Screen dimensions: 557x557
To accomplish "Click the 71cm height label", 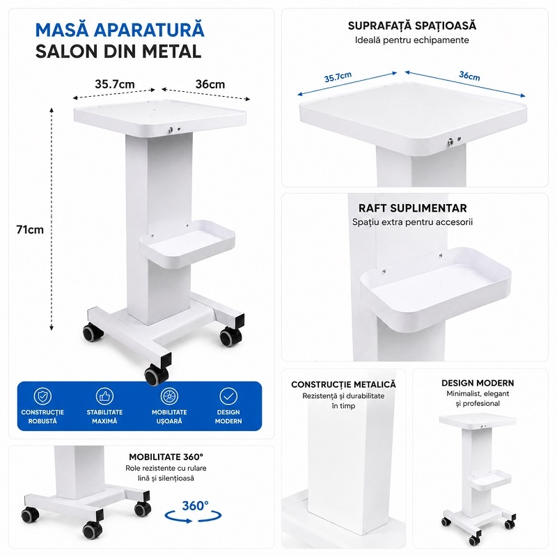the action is pyautogui.click(x=30, y=230).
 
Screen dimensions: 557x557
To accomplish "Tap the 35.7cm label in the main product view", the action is pyautogui.click(x=115, y=84).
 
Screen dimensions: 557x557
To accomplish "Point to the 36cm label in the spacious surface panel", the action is pyautogui.click(x=469, y=76).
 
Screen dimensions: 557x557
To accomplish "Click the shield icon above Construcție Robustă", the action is pyautogui.click(x=42, y=396).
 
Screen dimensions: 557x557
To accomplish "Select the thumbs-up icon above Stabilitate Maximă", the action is pyautogui.click(x=104, y=396).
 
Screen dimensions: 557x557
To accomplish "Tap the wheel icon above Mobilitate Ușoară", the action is pyautogui.click(x=169, y=396).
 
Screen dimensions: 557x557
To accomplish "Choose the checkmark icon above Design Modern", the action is pyautogui.click(x=228, y=396).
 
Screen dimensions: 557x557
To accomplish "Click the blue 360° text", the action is pyautogui.click(x=195, y=505).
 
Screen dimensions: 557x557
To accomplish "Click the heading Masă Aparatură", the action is pyautogui.click(x=120, y=30).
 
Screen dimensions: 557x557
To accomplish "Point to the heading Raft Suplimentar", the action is pyautogui.click(x=412, y=208).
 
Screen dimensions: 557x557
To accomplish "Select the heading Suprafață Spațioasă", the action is pyautogui.click(x=412, y=26).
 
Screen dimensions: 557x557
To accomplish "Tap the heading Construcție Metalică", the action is pyautogui.click(x=343, y=384).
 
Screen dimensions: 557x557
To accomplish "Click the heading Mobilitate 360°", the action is pyautogui.click(x=166, y=457).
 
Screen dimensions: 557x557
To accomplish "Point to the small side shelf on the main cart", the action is pyautogui.click(x=187, y=243).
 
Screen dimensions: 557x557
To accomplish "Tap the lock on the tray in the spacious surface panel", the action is pyautogui.click(x=451, y=142).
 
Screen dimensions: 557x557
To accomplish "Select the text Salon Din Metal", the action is pyautogui.click(x=118, y=52).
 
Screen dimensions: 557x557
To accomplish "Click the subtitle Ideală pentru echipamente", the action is pyautogui.click(x=412, y=40).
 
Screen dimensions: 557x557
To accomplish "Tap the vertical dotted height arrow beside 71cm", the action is pyautogui.click(x=52, y=219).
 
